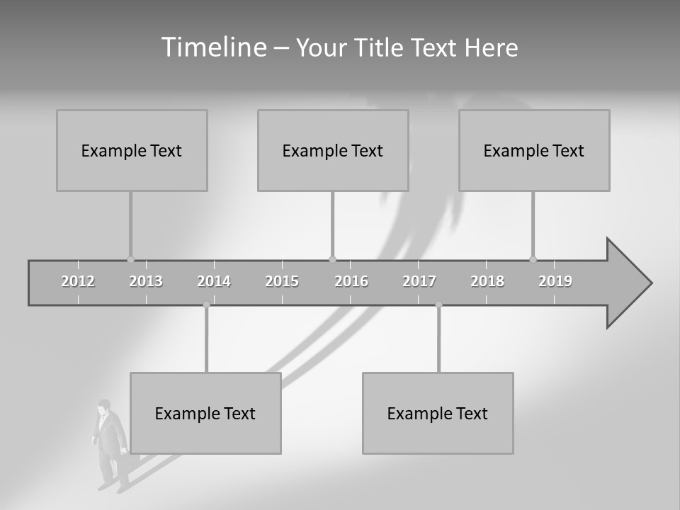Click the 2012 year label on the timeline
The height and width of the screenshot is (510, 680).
coord(78,281)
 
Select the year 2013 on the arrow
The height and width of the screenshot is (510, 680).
coord(146,281)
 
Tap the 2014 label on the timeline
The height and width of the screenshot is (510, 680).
coord(214,281)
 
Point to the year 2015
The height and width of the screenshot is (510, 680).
coord(282,281)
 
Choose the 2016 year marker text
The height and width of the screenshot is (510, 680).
coord(351,281)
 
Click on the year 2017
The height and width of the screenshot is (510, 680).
coord(419,281)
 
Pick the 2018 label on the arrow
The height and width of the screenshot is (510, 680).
coord(487,281)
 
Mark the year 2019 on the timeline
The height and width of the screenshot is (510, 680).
coord(555,281)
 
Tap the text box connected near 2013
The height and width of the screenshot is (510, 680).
coord(132,150)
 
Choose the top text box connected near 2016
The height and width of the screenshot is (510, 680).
coord(333,150)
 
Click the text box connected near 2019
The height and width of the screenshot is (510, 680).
coord(534,150)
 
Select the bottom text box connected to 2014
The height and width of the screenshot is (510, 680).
coord(205,413)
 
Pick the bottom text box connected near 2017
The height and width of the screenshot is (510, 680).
coord(438,413)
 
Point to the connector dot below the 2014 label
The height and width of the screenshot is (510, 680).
coord(206,305)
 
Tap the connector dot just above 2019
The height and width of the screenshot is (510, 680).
coord(533,259)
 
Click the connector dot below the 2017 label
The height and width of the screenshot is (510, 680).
coord(438,305)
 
